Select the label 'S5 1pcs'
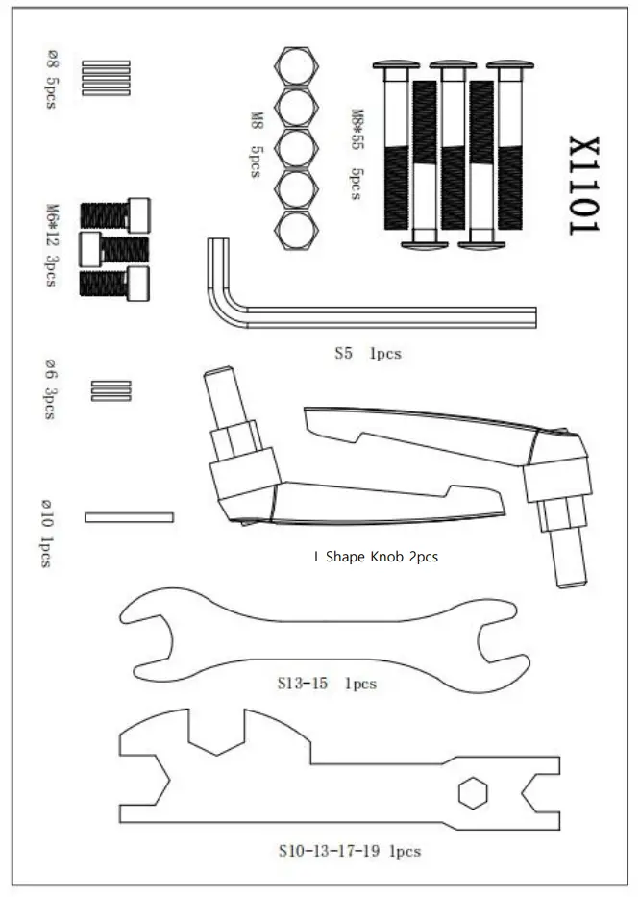tap(367, 353)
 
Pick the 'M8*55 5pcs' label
tap(357, 154)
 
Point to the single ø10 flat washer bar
tap(129, 517)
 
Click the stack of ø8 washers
tap(105, 76)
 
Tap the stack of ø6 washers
tap(111, 389)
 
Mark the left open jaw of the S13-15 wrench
tap(144, 625)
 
